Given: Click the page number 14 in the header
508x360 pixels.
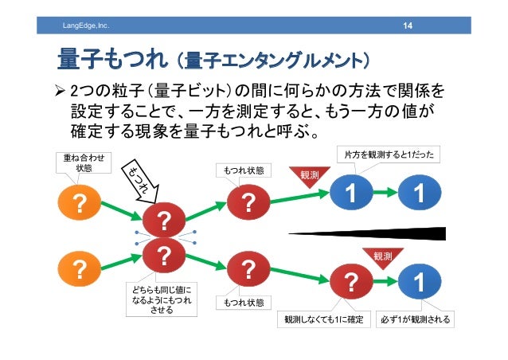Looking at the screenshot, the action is (407, 29).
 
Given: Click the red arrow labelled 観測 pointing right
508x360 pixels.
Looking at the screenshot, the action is (311, 175).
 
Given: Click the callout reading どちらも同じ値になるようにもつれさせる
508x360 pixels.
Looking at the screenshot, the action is (162, 298).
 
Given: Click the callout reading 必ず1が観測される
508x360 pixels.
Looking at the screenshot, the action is (415, 320).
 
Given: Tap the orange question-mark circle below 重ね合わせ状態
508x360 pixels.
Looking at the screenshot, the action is (79, 205).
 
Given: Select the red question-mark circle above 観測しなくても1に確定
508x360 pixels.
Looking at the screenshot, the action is (348, 283).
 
